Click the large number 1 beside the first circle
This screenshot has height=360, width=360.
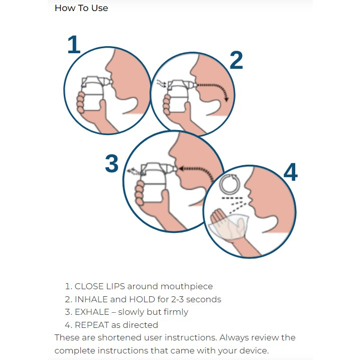pyautogui.click(x=74, y=45)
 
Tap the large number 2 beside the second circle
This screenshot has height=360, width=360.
pyautogui.click(x=236, y=60)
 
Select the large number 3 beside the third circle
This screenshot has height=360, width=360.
pyautogui.click(x=111, y=164)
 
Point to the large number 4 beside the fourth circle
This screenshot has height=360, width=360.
pyautogui.click(x=291, y=172)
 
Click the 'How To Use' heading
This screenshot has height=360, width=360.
pyautogui.click(x=81, y=8)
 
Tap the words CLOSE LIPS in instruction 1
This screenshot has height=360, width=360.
pyautogui.click(x=99, y=286)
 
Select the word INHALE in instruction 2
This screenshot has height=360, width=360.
pyautogui.click(x=91, y=299)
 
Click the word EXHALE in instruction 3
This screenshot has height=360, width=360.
pyautogui.click(x=92, y=312)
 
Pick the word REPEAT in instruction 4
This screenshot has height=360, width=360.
pyautogui.click(x=91, y=325)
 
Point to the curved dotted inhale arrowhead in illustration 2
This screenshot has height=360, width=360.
pyautogui.click(x=226, y=99)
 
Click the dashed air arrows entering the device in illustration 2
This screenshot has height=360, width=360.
pyautogui.click(x=161, y=83)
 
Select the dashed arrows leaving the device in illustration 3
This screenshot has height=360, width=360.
pyautogui.click(x=134, y=171)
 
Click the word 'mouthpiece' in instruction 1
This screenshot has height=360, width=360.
pyautogui.click(x=187, y=287)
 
